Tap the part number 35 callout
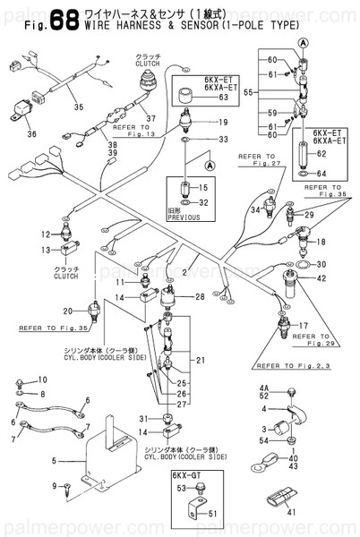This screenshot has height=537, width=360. (x=78, y=107)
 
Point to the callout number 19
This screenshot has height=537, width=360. (x=223, y=122)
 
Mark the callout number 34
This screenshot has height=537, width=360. (x=255, y=209)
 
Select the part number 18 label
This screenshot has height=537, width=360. (x=321, y=243)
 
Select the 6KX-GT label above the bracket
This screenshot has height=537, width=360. (x=185, y=476)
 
